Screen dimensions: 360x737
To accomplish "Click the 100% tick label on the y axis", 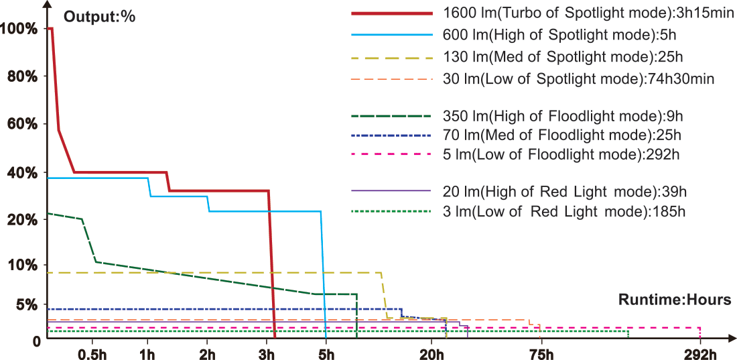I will pyautogui.click(x=20, y=28).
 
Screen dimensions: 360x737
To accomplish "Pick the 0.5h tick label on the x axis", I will pyautogui.click(x=92, y=354).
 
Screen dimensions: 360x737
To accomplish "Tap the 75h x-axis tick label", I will pyautogui.click(x=541, y=354).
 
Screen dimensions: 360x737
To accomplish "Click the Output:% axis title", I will pyautogui.click(x=99, y=17).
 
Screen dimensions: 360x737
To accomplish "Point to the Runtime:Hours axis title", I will pyautogui.click(x=675, y=300).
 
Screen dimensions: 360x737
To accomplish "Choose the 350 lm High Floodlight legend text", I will pyautogui.click(x=563, y=116).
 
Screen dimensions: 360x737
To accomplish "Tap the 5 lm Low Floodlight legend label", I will pyautogui.click(x=561, y=155).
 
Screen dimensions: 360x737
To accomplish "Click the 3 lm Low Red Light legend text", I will pyautogui.click(x=563, y=211).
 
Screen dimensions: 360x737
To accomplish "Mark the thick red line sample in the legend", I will pyautogui.click(x=391, y=13).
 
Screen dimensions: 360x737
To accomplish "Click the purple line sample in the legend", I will pyautogui.click(x=391, y=191).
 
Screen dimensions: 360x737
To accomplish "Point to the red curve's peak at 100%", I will pyautogui.click(x=50, y=28).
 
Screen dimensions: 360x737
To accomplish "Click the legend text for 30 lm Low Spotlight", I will pyautogui.click(x=578, y=79).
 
